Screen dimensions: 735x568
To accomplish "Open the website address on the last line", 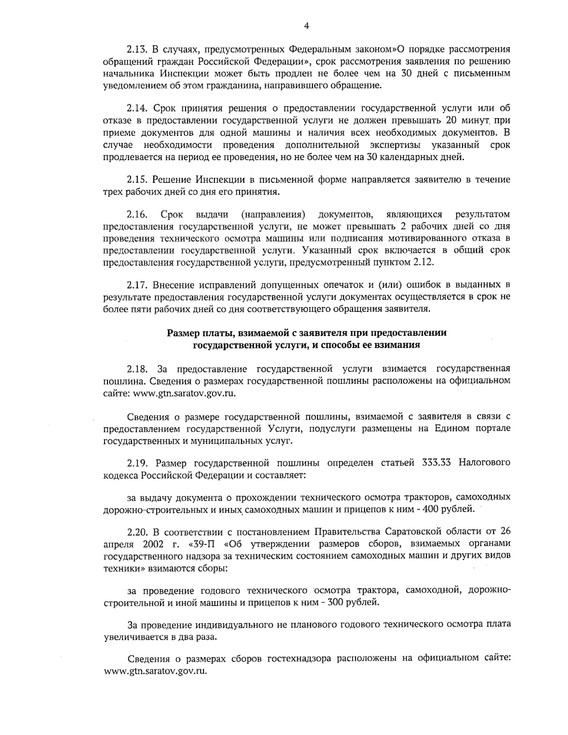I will coord(156,671).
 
